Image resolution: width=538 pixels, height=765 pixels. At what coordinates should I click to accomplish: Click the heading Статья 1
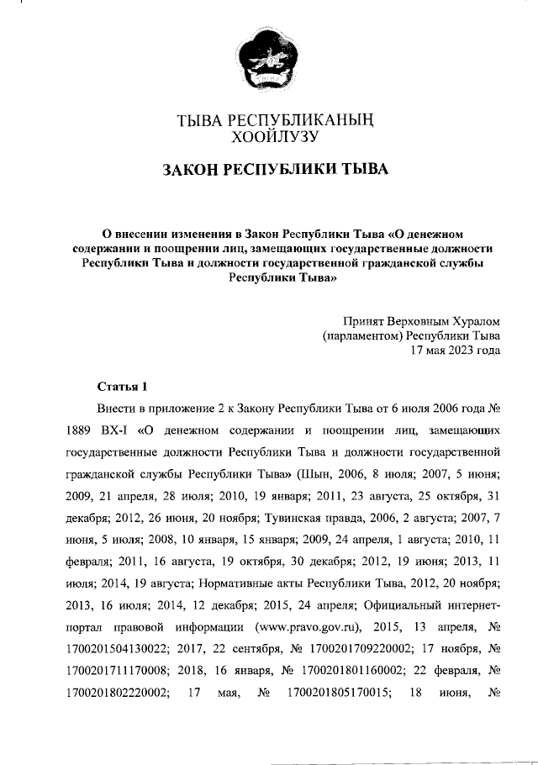coord(122,387)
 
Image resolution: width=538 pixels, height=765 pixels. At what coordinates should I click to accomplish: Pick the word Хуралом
coord(472,321)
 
